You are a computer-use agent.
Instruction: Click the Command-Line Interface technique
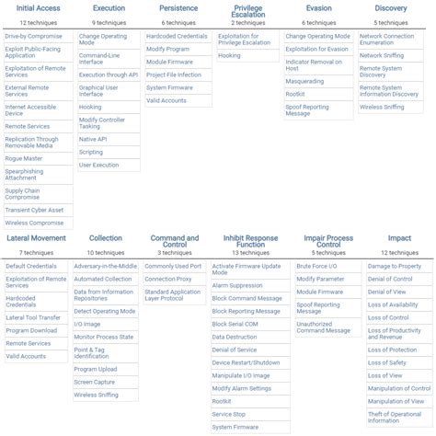[x=98, y=58]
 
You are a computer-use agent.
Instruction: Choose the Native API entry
[x=92, y=139]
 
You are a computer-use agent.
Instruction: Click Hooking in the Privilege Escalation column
[x=230, y=54]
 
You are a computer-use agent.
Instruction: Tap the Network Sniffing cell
[x=382, y=55]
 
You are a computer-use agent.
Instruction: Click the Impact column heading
[x=399, y=238]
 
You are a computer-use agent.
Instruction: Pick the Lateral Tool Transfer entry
[x=33, y=317]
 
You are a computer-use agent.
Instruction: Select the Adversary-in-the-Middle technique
[x=106, y=266]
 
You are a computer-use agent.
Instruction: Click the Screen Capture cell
[x=96, y=382]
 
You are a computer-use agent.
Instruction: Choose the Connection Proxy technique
[x=167, y=279]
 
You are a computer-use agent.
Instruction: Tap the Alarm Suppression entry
[x=237, y=285]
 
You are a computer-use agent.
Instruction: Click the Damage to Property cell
[x=395, y=266]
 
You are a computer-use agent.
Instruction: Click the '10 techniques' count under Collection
[x=106, y=251]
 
